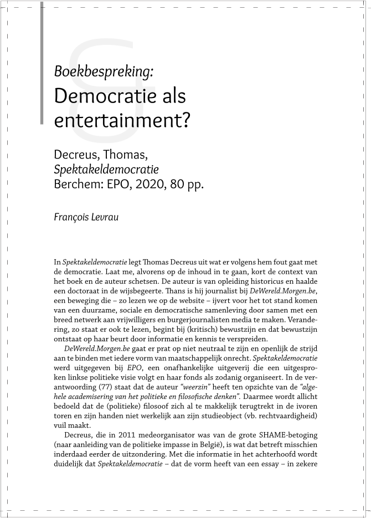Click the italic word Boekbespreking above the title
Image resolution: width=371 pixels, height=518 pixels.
104,71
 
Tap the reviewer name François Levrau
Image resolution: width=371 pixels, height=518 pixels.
86,217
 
